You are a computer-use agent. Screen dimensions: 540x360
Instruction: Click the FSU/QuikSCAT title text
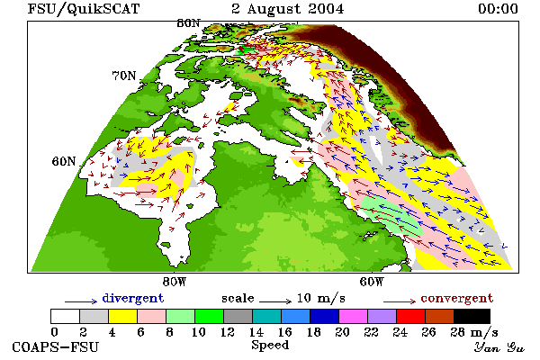[84, 9]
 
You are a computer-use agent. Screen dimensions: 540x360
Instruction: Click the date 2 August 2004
[288, 9]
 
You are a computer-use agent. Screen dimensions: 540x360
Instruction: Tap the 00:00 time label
[498, 9]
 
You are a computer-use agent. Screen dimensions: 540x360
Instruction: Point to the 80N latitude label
[188, 23]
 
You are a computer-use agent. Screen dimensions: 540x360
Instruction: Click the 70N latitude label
[124, 76]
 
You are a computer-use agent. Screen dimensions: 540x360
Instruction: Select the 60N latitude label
[64, 161]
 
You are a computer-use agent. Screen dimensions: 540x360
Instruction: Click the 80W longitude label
[175, 282]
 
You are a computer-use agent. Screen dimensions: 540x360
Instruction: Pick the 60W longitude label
[371, 282]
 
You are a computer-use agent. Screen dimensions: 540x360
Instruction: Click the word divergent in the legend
[133, 298]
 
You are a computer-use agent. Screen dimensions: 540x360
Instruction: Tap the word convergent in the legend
[457, 298]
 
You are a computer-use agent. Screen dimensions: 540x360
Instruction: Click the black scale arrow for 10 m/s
[275, 301]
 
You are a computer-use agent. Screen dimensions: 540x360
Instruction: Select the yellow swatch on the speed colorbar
[122, 316]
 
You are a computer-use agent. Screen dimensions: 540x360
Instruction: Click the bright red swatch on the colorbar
[410, 316]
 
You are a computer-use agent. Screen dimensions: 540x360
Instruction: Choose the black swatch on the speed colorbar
[472, 316]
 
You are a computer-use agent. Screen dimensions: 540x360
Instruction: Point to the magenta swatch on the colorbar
[353, 316]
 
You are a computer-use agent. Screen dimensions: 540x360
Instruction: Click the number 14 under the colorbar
[256, 332]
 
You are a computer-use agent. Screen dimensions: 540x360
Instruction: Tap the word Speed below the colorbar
[270, 346]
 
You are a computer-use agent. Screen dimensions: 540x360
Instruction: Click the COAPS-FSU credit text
[56, 347]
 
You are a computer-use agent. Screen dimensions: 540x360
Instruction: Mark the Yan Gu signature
[499, 347]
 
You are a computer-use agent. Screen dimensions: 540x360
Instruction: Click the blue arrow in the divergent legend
[81, 301]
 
